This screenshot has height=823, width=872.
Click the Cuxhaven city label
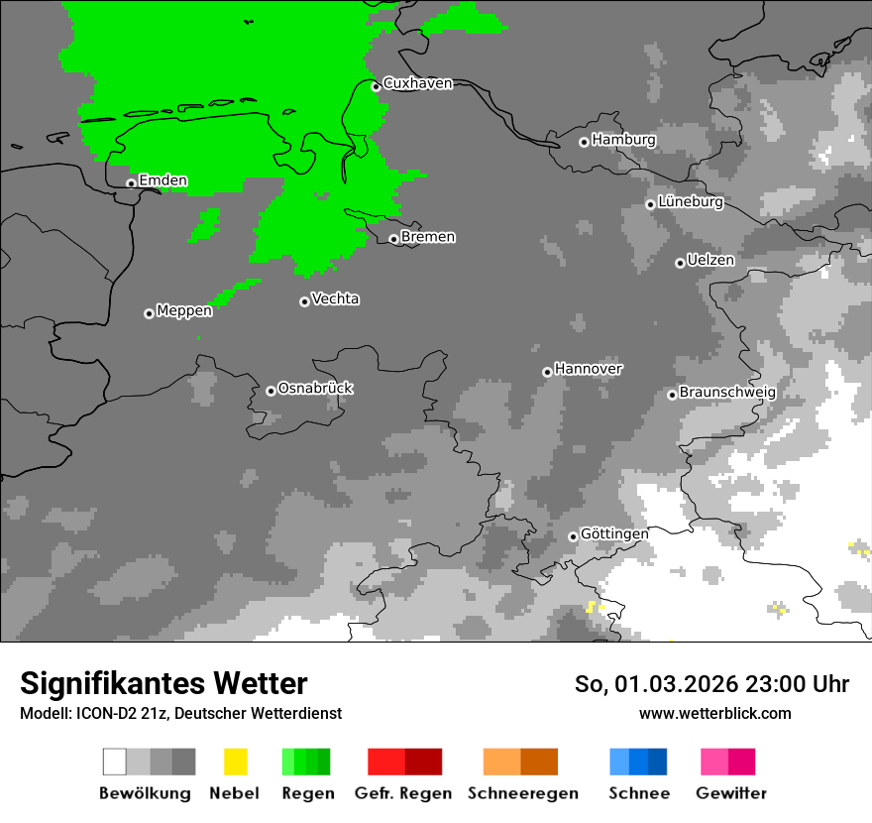pos(417,83)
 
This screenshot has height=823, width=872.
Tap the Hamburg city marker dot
pos(584,142)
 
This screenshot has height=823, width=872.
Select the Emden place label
pos(163,180)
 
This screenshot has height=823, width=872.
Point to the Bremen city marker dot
pos(393,239)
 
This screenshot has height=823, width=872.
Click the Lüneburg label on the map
pos(691,201)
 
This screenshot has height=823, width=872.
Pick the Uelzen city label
pos(710,260)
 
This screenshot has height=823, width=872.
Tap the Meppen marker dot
pos(149,313)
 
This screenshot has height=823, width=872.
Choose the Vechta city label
pos(335,298)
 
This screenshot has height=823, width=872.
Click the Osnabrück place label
pos(315,388)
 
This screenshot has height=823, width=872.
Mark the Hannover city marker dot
pos(547,372)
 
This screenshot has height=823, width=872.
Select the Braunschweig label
pos(727,392)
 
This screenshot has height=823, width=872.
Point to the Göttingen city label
pos(614,533)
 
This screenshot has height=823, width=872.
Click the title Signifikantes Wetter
pos(163,683)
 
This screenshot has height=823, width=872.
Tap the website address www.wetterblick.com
pos(714,713)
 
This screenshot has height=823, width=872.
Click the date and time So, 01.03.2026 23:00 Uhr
pos(711,684)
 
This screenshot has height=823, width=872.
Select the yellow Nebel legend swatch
pos(235,762)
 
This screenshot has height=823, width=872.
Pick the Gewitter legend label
pos(731,793)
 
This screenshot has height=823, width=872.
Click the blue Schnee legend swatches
pos(638,762)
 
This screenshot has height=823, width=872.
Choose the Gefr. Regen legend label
pos(403,793)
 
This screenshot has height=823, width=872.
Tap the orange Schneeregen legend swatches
pos(521,762)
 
